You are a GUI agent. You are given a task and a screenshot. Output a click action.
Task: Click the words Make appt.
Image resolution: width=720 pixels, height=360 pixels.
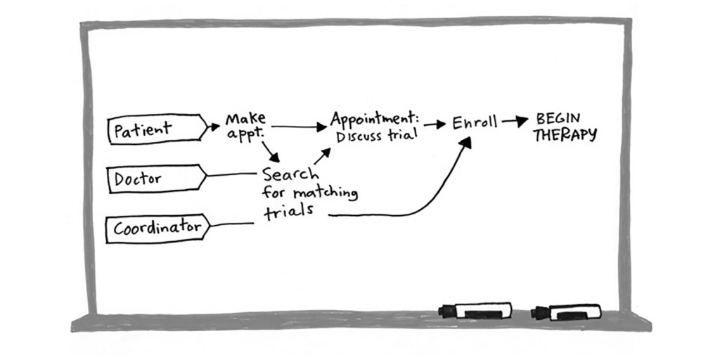point(245,124)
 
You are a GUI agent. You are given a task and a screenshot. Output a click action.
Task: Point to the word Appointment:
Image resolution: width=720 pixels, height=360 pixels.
point(374,119)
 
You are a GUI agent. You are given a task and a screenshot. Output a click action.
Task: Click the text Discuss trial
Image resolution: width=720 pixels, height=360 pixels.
point(376,136)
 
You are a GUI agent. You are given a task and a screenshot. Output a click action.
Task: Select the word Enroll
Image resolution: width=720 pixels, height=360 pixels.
point(474,123)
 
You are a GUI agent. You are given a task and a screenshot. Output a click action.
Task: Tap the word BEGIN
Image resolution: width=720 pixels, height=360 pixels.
point(558,118)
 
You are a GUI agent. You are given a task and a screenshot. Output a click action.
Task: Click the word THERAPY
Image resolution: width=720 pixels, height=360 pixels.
point(565,135)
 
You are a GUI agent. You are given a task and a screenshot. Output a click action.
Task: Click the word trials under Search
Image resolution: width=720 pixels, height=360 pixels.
point(288,212)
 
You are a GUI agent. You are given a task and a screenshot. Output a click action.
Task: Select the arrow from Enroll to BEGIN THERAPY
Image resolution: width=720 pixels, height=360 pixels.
point(515,122)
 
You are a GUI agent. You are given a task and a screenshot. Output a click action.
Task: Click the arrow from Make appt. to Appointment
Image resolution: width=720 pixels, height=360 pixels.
point(299,127)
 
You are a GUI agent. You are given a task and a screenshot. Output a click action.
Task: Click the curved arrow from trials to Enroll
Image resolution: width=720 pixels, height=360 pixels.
point(422,200)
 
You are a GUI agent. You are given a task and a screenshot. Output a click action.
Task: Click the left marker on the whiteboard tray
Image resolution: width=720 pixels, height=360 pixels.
point(475,311)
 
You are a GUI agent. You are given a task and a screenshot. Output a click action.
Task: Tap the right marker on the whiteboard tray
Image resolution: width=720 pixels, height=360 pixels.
point(566,311)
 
